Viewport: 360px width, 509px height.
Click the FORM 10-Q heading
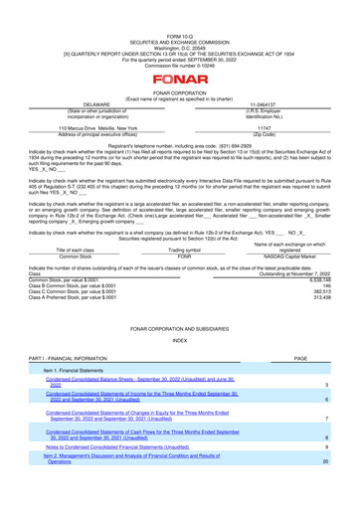180,5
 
